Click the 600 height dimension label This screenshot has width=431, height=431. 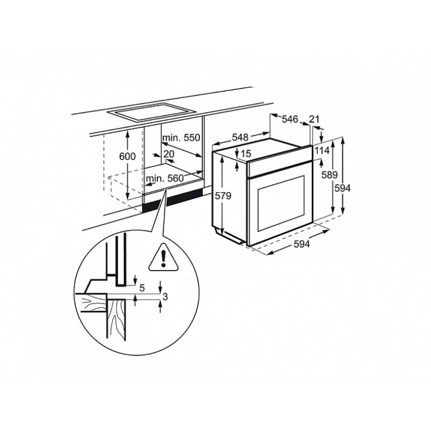click(x=128, y=156)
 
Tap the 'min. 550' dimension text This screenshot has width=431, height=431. click(x=181, y=138)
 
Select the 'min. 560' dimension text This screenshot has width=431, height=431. click(x=165, y=178)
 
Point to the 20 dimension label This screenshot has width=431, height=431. click(x=169, y=154)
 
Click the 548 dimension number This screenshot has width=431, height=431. click(x=240, y=137)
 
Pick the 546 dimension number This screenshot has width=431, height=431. click(x=290, y=119)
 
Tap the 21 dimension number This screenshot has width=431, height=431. click(x=314, y=119)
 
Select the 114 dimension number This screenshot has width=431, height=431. click(x=321, y=150)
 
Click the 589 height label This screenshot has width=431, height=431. click(x=330, y=175)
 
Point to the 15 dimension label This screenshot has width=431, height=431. click(x=246, y=154)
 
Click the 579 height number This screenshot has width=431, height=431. click(x=223, y=196)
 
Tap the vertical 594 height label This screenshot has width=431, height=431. click(x=342, y=189)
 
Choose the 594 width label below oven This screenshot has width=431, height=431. click(x=302, y=244)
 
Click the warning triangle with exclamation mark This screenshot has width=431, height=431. click(x=163, y=259)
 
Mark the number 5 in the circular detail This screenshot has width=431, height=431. click(x=142, y=288)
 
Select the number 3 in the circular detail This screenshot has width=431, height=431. click(x=165, y=296)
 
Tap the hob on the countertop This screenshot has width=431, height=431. click(x=151, y=112)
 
